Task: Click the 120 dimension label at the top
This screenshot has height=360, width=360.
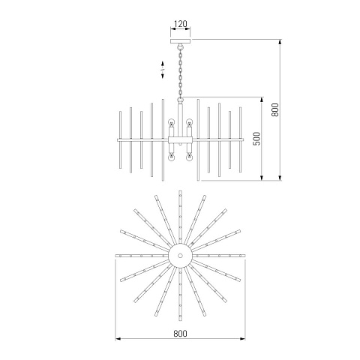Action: [180, 24]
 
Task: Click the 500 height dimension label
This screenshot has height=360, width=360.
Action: [256, 139]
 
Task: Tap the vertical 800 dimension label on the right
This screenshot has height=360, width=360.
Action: [274, 109]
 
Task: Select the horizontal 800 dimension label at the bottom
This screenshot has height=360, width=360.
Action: [180, 334]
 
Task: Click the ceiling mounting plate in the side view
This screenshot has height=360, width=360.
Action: [180, 41]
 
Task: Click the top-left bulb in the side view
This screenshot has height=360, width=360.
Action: [171, 122]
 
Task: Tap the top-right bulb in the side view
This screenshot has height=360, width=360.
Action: [189, 122]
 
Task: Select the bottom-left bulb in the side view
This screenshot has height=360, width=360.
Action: [171, 157]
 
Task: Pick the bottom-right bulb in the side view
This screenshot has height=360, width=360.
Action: [189, 157]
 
